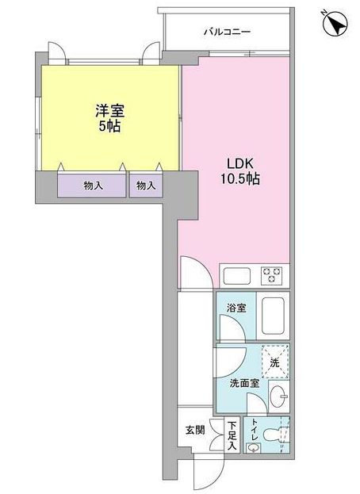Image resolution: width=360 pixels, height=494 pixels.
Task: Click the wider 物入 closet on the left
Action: point(92,186)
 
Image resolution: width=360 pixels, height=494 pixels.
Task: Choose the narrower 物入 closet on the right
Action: point(145,186)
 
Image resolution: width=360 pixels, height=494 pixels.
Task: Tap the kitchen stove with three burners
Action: point(274,276)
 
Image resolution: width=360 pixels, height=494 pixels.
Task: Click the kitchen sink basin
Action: point(237,277)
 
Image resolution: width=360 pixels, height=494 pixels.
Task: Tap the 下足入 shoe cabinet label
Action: point(232,436)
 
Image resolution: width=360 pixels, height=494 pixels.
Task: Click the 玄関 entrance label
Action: point(195,432)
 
